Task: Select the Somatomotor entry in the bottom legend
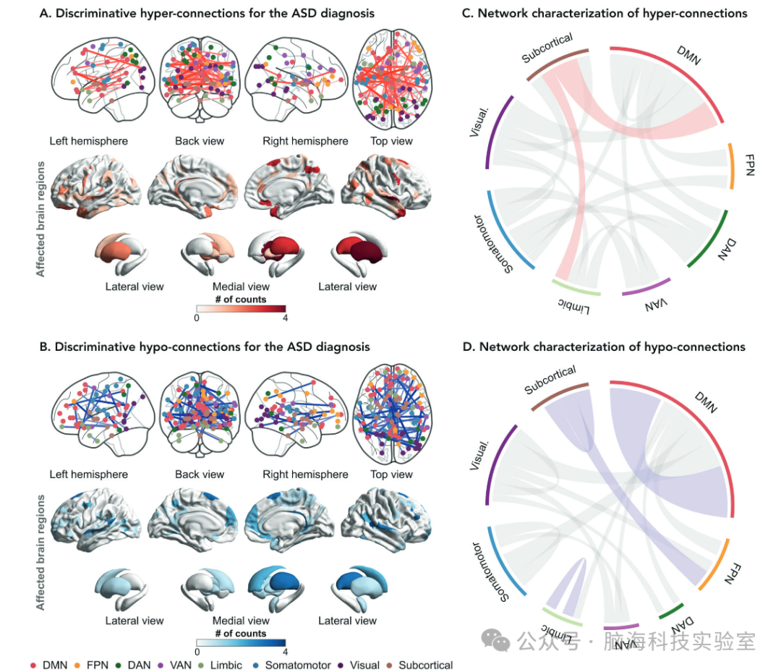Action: click(x=296, y=665)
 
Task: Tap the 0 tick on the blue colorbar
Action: click(x=197, y=650)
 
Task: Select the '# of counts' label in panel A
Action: click(x=240, y=299)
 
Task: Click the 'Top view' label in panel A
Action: click(x=391, y=141)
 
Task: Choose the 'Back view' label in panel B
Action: click(x=200, y=475)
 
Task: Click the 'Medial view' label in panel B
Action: click(x=241, y=620)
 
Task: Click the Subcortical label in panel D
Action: click(x=550, y=380)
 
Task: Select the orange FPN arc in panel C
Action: click(x=731, y=167)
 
